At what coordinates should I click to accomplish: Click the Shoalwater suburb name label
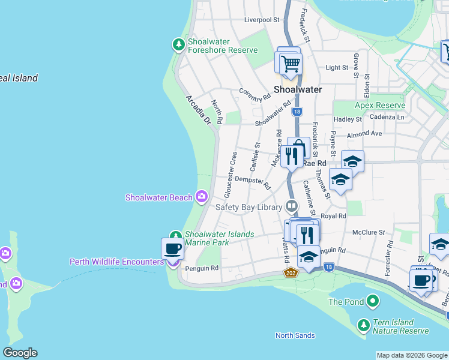click(298, 89)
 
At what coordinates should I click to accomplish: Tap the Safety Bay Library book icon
click(292, 206)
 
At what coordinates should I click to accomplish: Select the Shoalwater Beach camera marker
click(201, 196)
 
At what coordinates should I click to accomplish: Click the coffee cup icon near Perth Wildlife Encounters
click(172, 248)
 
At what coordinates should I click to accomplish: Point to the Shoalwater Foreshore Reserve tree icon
click(178, 44)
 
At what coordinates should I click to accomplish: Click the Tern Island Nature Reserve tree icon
click(363, 325)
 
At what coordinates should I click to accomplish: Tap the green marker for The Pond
click(373, 300)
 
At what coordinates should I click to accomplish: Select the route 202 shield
click(289, 273)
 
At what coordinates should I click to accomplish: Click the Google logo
click(20, 353)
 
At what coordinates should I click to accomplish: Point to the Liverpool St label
click(262, 20)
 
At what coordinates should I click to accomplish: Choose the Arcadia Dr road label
click(199, 110)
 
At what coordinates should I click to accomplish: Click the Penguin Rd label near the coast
click(202, 268)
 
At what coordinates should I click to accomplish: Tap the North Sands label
click(295, 335)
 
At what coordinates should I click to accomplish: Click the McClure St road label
click(368, 232)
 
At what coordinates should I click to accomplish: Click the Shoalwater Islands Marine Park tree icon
click(175, 236)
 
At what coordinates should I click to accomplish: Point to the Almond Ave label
click(364, 133)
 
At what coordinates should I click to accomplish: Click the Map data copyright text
click(411, 355)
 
